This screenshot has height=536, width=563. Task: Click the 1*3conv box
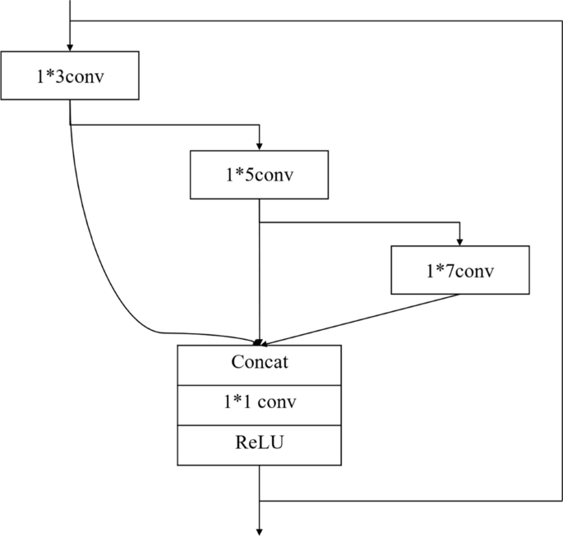tap(70, 76)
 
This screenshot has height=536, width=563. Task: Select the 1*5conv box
tap(260, 174)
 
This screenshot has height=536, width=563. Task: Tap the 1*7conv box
tap(460, 270)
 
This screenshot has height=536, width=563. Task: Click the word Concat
tap(259, 363)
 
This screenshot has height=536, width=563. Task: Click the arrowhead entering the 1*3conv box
tap(70, 48)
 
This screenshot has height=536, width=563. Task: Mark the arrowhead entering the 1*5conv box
tap(260, 144)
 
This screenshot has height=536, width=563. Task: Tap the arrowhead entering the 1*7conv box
tap(460, 241)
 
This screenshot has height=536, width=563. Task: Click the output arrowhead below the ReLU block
tap(260, 530)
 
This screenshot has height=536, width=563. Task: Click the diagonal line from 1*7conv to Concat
tap(362, 318)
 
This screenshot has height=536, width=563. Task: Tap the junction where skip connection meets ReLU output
tap(260, 499)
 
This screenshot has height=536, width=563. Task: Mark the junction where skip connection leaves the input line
tap(70, 20)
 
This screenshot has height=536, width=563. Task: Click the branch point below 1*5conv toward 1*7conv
tap(260, 222)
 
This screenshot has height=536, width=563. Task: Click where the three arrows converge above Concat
tap(259, 342)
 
